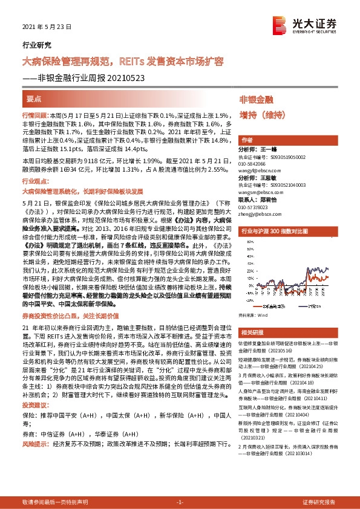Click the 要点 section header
point(34,98)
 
